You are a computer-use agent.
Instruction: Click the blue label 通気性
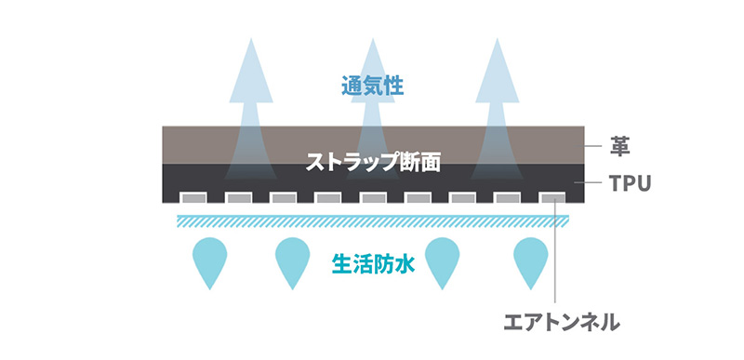coord(372,88)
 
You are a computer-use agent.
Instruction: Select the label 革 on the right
coord(618,146)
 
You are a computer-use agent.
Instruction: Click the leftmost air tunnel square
coord(193,197)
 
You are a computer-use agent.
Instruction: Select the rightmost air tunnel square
coord(551,197)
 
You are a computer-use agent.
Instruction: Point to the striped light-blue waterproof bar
coord(372,220)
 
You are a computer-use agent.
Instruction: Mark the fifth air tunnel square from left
coord(372,197)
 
